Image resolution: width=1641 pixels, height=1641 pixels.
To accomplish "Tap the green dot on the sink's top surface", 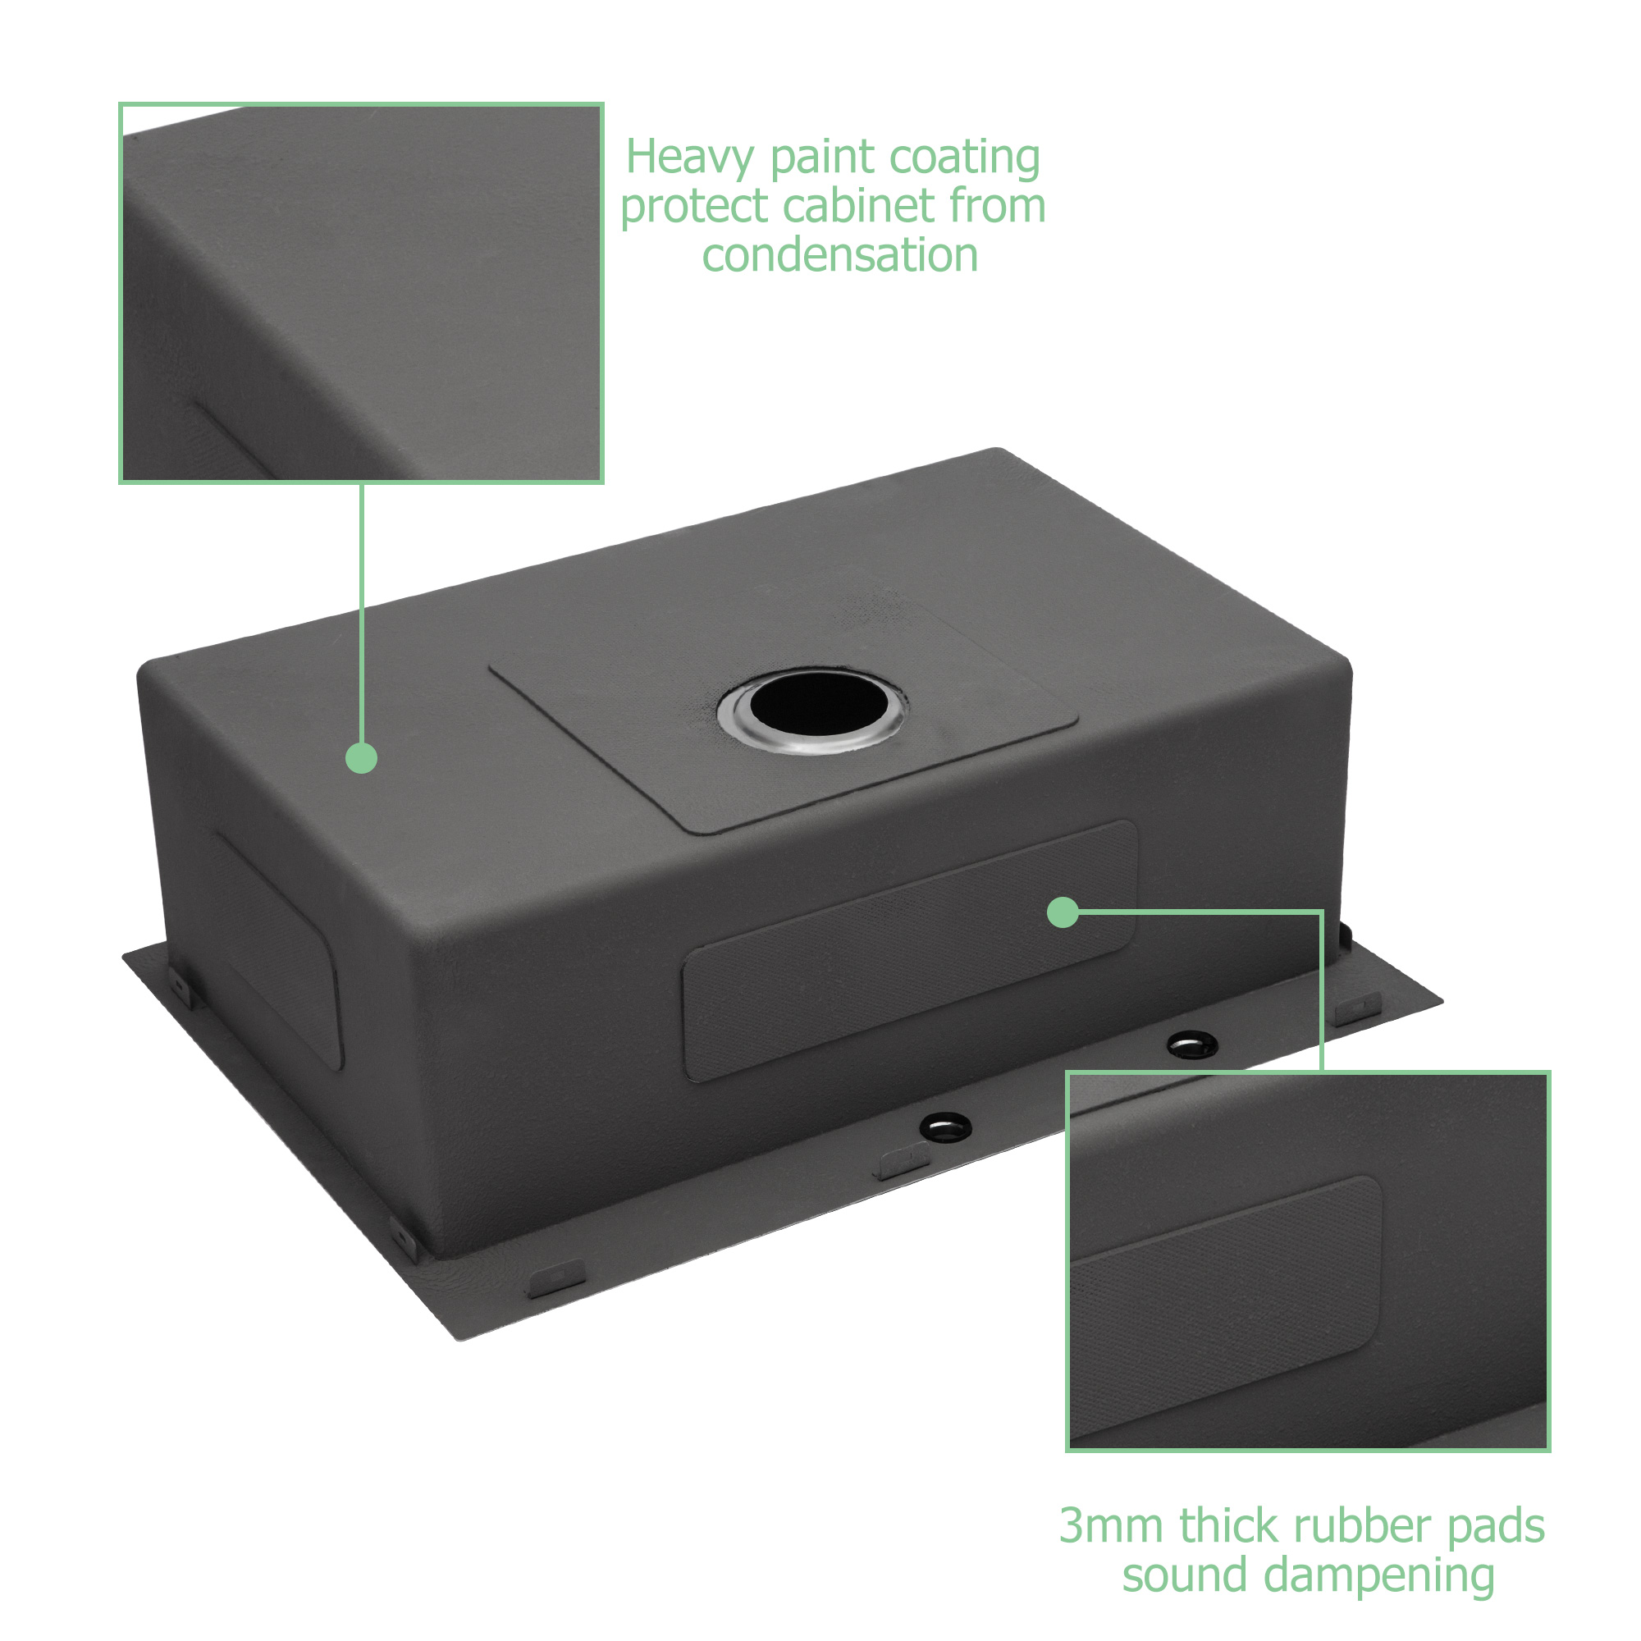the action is point(362,757).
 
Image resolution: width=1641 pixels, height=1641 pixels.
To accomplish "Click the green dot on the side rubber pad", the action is point(1063,913).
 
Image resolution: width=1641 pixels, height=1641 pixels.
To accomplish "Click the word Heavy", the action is point(691,159).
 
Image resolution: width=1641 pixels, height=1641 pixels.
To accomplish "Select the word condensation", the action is point(840,255).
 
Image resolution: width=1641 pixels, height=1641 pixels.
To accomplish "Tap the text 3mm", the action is point(1113,1525).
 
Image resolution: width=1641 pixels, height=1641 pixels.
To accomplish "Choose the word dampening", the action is point(1379,1575).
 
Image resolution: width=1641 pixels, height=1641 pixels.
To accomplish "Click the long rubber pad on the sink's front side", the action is point(910,951).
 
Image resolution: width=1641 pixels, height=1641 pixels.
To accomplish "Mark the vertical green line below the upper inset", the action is point(362,612).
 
